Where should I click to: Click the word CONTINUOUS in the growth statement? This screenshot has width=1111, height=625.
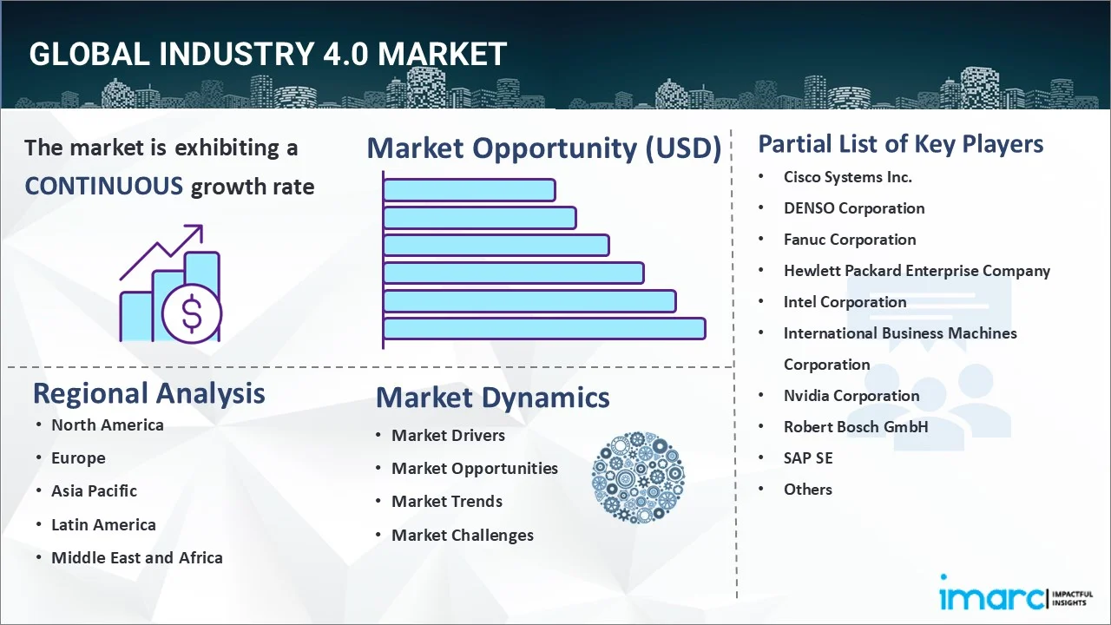tap(104, 187)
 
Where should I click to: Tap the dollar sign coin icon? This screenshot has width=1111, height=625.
tap(192, 313)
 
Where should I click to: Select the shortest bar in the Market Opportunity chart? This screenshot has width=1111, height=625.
tap(470, 190)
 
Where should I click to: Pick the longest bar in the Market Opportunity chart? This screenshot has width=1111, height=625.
tap(544, 328)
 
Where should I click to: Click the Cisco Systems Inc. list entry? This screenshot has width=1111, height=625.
tap(848, 177)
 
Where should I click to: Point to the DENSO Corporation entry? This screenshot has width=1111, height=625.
tap(854, 208)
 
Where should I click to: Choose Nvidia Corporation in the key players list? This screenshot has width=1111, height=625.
tap(851, 396)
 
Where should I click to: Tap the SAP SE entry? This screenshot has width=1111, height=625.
tap(808, 458)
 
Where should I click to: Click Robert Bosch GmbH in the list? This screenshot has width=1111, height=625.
tap(856, 427)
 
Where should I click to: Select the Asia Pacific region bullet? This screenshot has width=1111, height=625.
tap(95, 491)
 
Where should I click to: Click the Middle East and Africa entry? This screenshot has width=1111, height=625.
tap(137, 557)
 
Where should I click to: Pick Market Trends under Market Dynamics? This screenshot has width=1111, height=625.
tap(447, 502)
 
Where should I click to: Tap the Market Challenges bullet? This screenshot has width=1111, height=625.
tap(463, 536)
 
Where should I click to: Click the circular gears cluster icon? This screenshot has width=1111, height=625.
tap(638, 477)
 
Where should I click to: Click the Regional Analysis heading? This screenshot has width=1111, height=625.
tap(148, 393)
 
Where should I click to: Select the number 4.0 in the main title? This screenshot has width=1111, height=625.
tap(345, 54)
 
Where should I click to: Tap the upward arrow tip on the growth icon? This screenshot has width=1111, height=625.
tap(201, 227)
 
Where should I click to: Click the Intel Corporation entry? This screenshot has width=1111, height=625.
tap(845, 302)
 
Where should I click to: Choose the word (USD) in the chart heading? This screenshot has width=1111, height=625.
tap(683, 148)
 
